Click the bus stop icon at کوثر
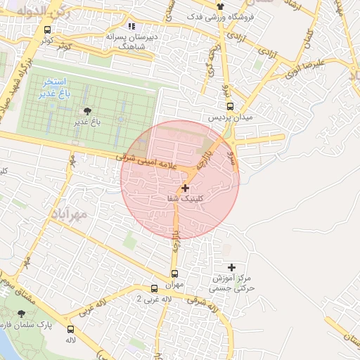[x=47, y=30]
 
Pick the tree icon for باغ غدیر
[x=86, y=111]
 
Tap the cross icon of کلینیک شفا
[x=185, y=188]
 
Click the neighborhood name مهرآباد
[x=68, y=212]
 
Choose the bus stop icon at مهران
[x=174, y=274]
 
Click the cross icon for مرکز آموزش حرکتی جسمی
[x=231, y=266]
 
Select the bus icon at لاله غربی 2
[x=155, y=288]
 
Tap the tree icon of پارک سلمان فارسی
[x=21, y=314]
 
